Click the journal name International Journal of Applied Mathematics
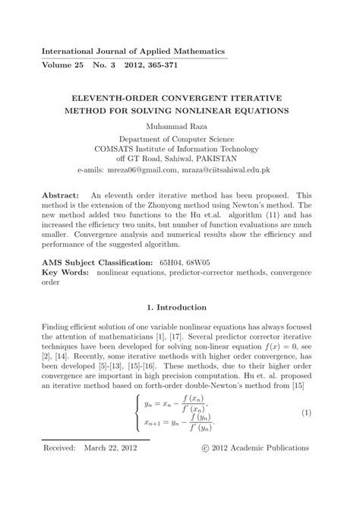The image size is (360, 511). (x=133, y=51)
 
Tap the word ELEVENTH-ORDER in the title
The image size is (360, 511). (x=126, y=99)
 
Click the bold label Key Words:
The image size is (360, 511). (x=65, y=270)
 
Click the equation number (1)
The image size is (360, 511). (x=307, y=412)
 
